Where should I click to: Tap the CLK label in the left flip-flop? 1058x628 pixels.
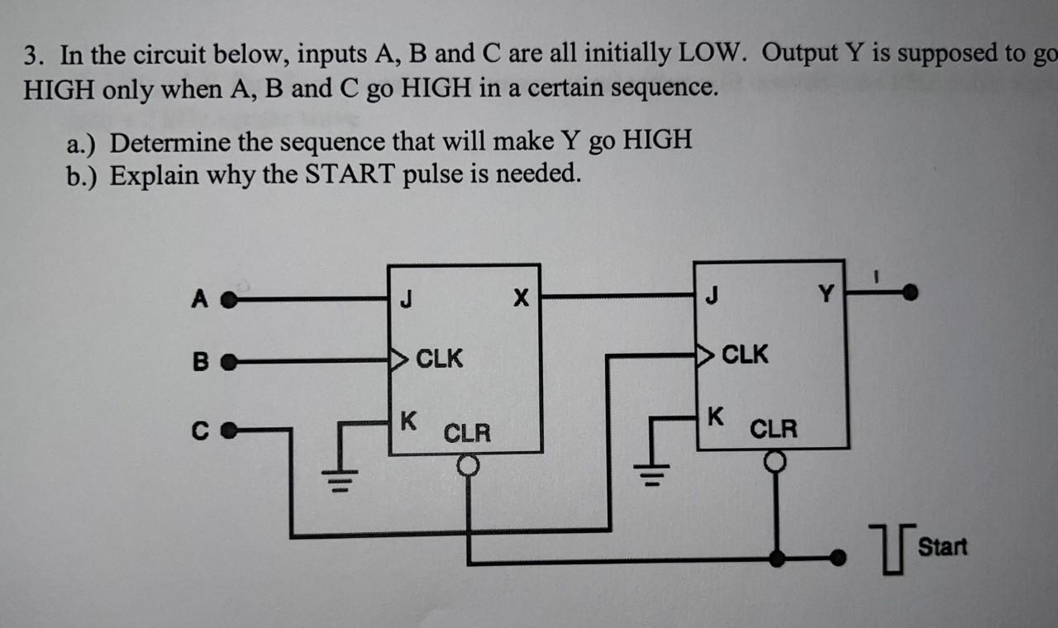point(439,359)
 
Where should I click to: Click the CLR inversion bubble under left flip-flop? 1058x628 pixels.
point(469,467)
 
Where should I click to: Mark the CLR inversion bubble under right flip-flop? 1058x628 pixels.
point(775,461)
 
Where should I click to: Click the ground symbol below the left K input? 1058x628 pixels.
point(346,478)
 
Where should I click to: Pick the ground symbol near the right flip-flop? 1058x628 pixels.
point(651,475)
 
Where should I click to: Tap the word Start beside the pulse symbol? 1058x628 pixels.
point(942,546)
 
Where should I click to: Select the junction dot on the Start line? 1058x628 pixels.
point(776,558)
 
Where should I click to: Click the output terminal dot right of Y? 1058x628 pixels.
point(910,292)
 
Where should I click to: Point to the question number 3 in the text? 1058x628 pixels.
point(31,56)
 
